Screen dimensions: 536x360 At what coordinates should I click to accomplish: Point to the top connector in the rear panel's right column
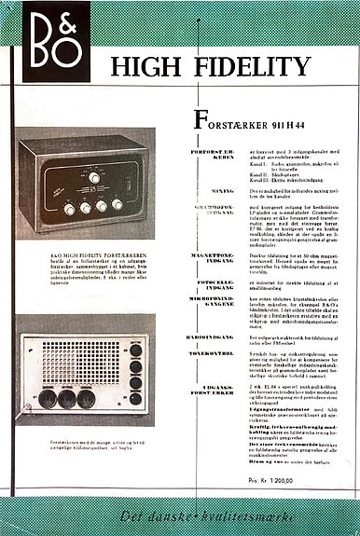[134, 350]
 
